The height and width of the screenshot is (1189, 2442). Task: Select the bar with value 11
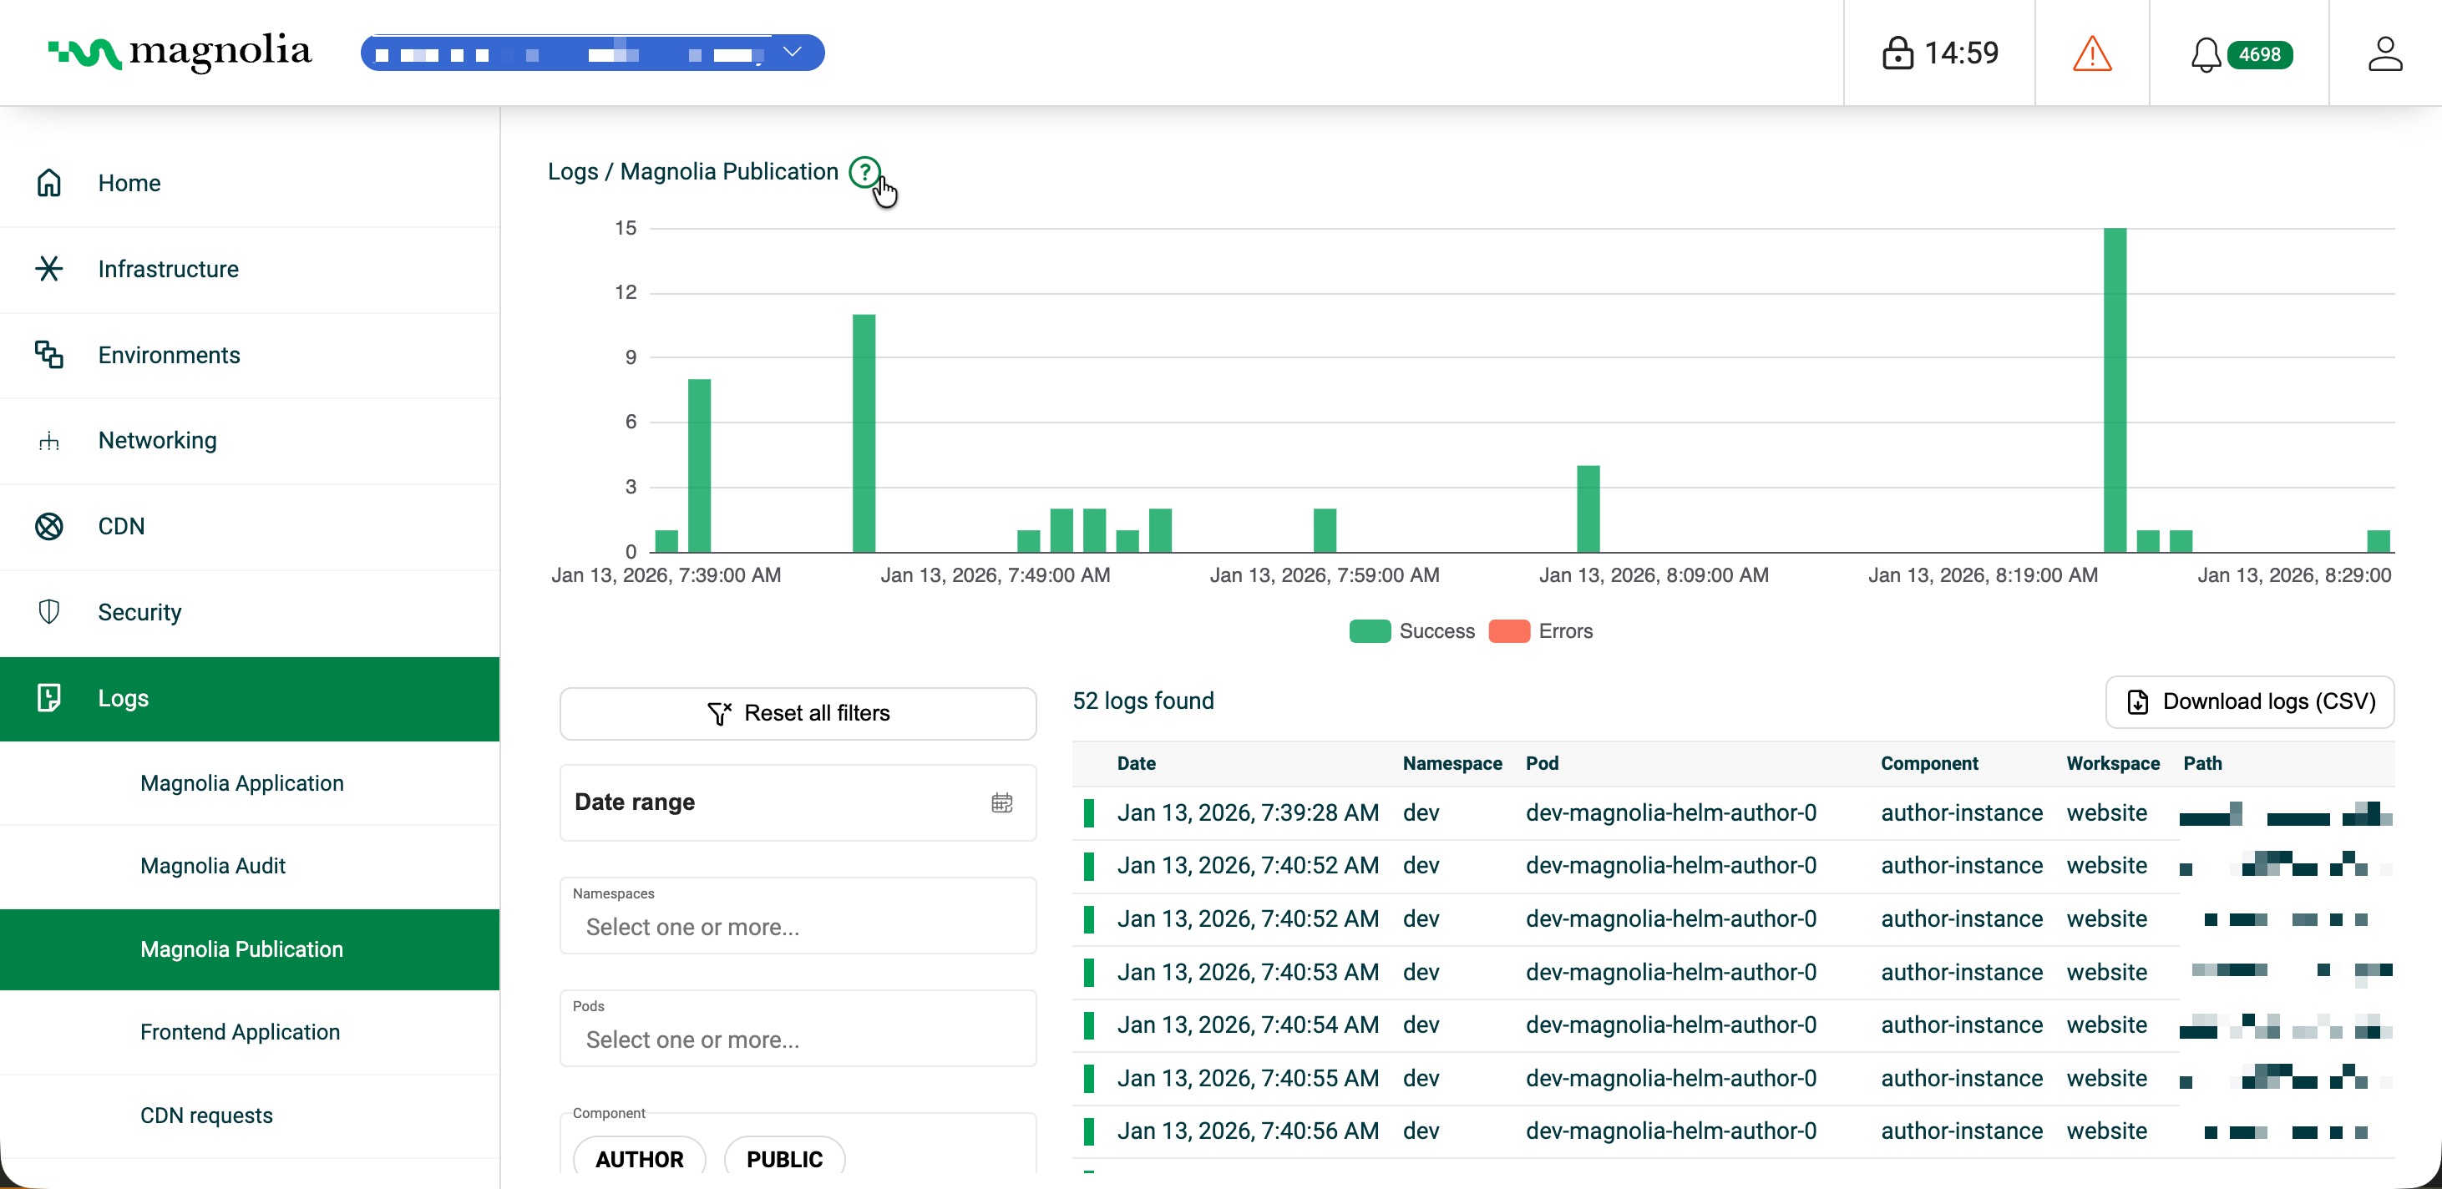[x=864, y=433]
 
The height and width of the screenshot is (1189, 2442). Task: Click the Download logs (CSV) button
[x=2250, y=701]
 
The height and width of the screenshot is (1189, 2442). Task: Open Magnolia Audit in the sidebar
[x=212, y=865]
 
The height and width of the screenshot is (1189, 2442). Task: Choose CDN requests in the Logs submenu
[x=205, y=1115]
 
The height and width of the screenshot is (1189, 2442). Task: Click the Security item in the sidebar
[x=139, y=612]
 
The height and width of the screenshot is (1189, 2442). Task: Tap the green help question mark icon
[x=864, y=173]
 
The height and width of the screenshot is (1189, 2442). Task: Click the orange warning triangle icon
[x=2091, y=53]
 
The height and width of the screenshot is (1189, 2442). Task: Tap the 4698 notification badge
[x=2259, y=54]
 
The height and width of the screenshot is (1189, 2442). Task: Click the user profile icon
[x=2384, y=53]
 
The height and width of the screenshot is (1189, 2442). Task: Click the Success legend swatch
[x=1369, y=631]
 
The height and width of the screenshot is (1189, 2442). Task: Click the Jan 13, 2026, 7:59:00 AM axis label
[x=1324, y=575]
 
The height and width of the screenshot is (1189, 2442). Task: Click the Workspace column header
[x=2112, y=764]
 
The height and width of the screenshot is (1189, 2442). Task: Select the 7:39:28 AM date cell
[x=1247, y=813]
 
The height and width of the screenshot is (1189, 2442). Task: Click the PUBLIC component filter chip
[x=784, y=1159]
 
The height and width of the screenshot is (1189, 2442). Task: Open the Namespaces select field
[x=798, y=926]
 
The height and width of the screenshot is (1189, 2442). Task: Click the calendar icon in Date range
[x=1001, y=802]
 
